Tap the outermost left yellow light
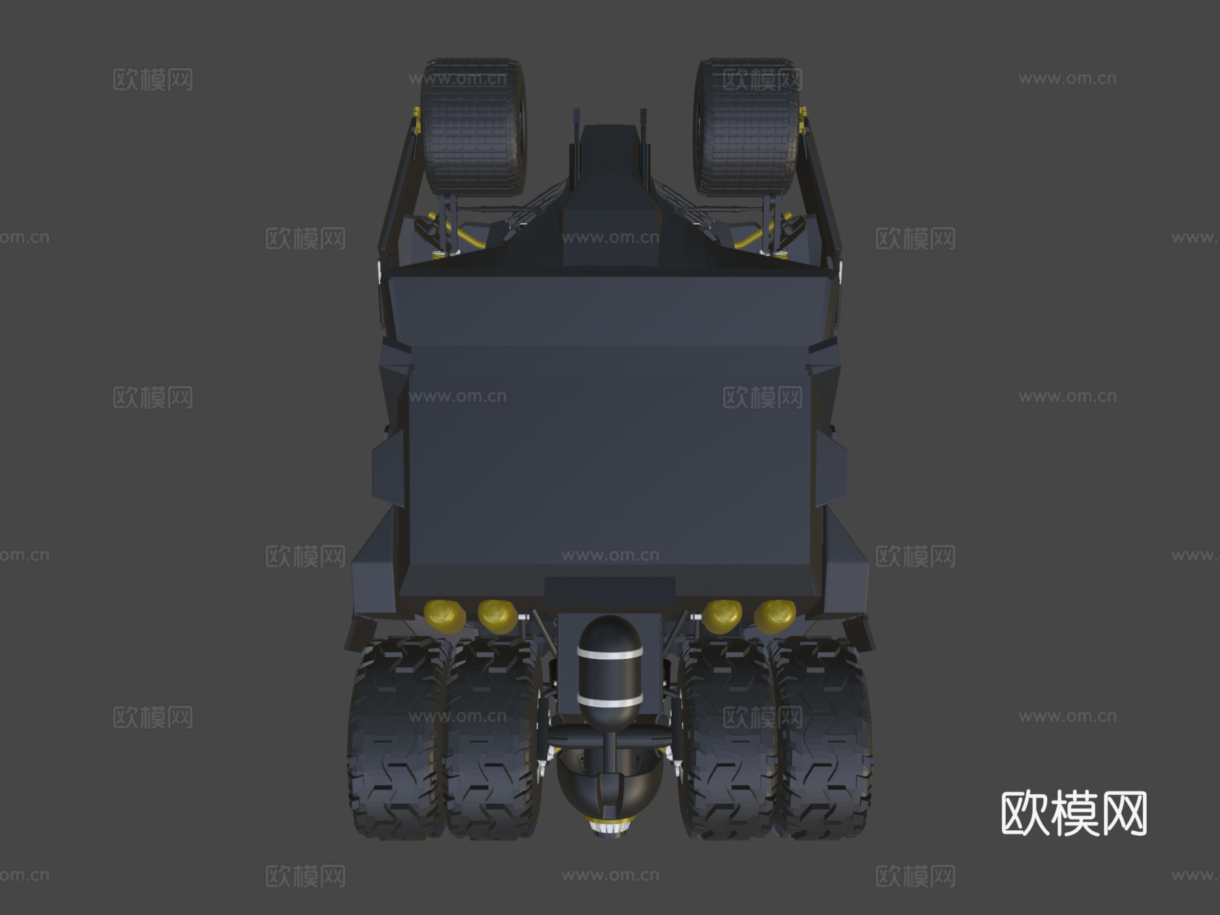click(x=445, y=613)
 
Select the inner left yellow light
click(x=497, y=615)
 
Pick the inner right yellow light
click(x=723, y=615)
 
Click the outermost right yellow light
click(x=775, y=613)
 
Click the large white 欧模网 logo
click(x=1074, y=813)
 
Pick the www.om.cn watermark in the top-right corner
click(x=1067, y=79)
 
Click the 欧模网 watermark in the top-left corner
click(x=152, y=79)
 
